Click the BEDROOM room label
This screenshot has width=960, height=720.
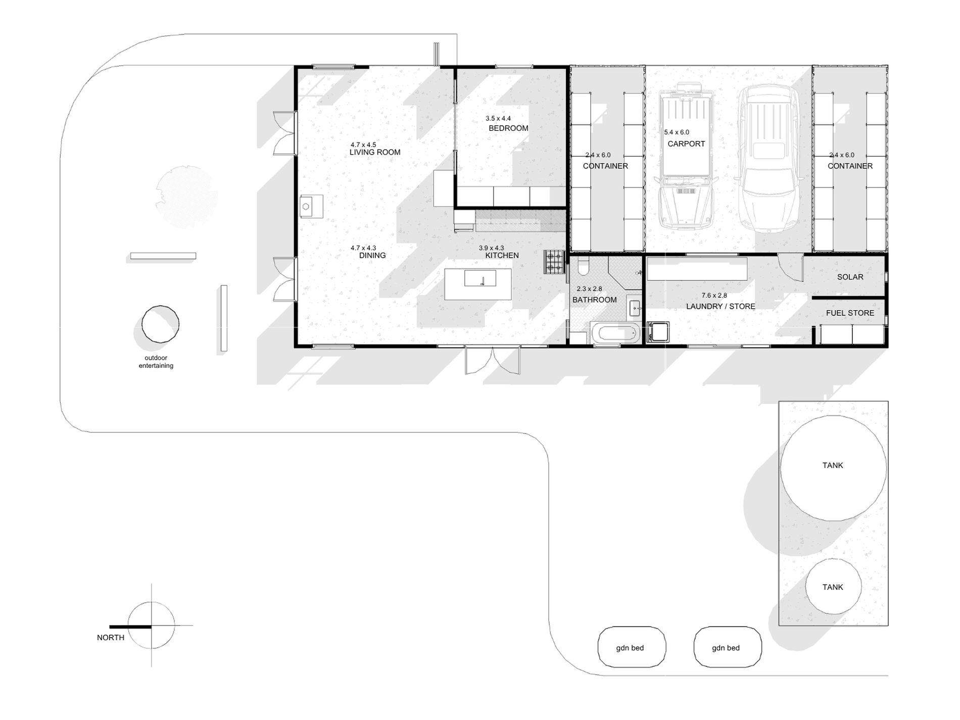click(508, 128)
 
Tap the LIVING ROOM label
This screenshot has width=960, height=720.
click(375, 152)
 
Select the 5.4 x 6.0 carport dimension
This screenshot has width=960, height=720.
click(677, 132)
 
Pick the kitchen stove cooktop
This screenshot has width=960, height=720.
click(554, 262)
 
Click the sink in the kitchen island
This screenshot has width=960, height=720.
click(482, 278)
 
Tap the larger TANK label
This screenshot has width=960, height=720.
click(833, 465)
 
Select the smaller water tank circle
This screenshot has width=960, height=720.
click(833, 587)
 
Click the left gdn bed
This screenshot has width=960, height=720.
click(632, 648)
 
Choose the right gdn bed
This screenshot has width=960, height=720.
click(728, 648)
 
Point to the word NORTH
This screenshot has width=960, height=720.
click(111, 638)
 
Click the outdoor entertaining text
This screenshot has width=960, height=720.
click(156, 362)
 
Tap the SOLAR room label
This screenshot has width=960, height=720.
click(850, 277)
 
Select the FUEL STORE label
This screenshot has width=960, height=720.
click(850, 313)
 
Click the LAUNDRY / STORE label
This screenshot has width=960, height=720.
click(721, 306)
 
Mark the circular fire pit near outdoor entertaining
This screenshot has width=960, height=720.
click(160, 324)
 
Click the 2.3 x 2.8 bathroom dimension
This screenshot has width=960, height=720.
click(589, 289)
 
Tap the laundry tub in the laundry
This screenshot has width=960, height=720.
click(658, 332)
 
